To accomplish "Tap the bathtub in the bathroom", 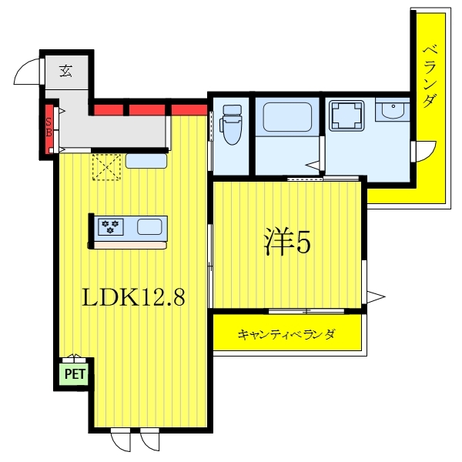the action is [287, 117].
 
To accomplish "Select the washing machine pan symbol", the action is [346, 115].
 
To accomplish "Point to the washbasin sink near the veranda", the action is [393, 109].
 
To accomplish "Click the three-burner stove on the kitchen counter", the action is [110, 226].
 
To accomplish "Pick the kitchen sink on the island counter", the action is [149, 227].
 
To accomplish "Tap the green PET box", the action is [75, 374].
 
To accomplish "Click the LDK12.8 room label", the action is [133, 297].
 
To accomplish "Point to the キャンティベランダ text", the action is [286, 335].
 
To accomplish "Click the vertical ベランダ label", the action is [430, 76].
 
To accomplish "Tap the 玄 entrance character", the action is [65, 70].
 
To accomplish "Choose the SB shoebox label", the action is [49, 127].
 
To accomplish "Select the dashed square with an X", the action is [106, 167].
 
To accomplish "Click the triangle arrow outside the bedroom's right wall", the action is [376, 296].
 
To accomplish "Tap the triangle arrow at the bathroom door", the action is [313, 166].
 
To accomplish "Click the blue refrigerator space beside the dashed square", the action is [146, 161].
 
